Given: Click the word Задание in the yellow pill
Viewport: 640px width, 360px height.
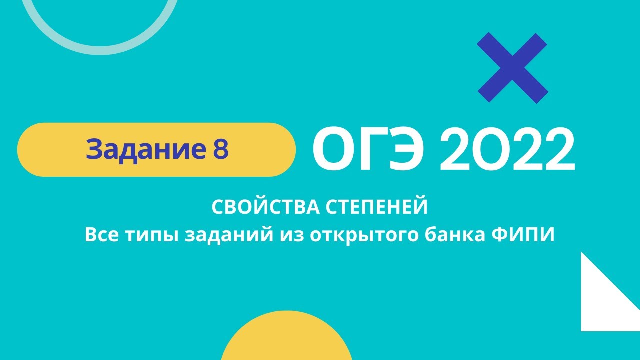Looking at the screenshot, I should tap(142, 149).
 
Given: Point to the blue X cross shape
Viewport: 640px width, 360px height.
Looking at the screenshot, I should tap(512, 68).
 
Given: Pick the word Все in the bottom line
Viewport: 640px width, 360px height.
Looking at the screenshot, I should tap(101, 234).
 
